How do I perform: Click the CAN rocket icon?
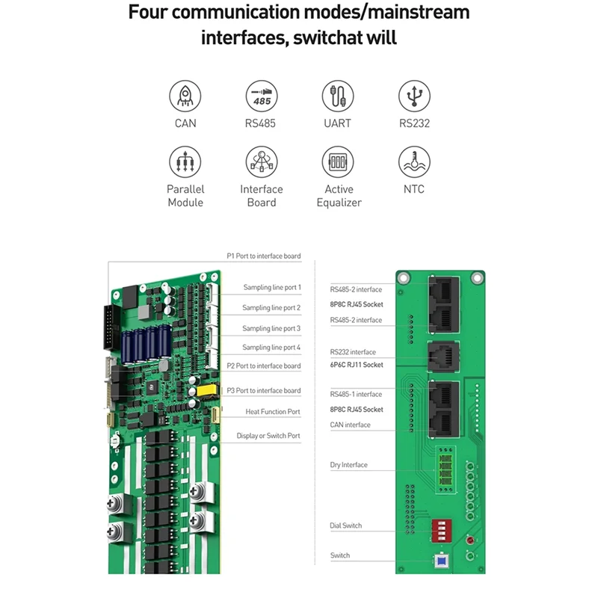point(185,97)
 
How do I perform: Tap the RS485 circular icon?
point(262,97)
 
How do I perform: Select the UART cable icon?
point(338,97)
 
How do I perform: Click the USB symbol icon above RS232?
point(414,97)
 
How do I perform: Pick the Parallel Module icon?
point(185,161)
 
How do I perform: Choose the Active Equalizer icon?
point(338,161)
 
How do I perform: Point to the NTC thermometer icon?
point(414,161)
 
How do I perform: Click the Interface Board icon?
point(262,161)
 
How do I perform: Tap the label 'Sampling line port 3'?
point(271,328)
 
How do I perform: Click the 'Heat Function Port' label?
point(273,412)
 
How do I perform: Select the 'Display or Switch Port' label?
point(268,436)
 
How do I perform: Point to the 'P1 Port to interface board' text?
point(264,256)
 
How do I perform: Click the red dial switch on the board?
point(440,529)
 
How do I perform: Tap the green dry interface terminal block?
point(448,466)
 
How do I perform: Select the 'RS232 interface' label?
point(353,352)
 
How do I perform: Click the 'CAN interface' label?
point(350,425)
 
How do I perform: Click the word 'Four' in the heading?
point(153,13)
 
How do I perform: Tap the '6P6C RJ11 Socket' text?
point(357,365)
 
